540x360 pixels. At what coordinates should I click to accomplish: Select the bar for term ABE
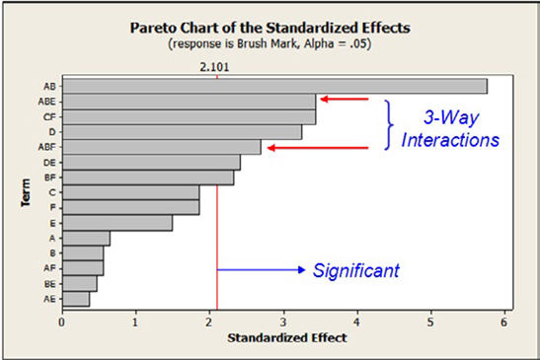click(x=189, y=101)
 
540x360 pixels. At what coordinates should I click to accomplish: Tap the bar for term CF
click(x=189, y=116)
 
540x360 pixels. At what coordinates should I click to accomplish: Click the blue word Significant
click(x=353, y=268)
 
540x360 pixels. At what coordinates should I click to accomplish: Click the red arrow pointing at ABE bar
click(x=343, y=99)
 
